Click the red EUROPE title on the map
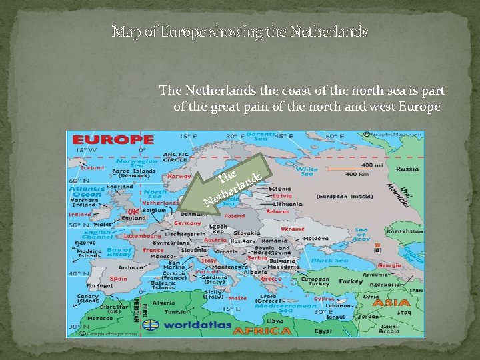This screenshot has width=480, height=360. point(113,140)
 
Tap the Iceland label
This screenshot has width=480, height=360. point(91,168)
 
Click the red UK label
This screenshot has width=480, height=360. point(133,211)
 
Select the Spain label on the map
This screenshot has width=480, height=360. point(118,279)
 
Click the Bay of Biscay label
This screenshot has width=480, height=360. point(119,253)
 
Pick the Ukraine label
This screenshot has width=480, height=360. point(292,229)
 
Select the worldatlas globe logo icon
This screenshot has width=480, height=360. point(152,326)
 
